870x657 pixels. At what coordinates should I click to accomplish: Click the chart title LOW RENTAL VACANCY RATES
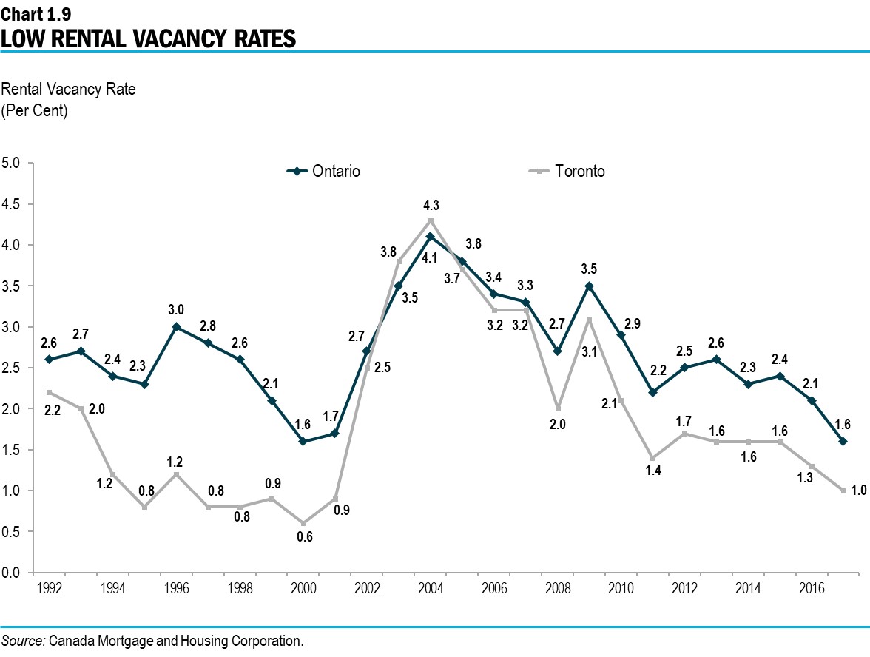click(148, 38)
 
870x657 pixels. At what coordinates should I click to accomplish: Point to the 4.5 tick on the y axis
click(13, 204)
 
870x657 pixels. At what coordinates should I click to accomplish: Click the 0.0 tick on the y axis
click(13, 573)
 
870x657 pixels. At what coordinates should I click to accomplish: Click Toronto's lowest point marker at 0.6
click(303, 523)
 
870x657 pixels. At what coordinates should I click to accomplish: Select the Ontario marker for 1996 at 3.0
click(176, 326)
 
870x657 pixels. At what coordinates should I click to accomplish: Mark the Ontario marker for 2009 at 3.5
click(589, 286)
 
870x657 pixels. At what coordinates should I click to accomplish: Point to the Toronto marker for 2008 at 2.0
click(557, 408)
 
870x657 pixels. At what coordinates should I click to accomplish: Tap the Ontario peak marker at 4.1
click(431, 237)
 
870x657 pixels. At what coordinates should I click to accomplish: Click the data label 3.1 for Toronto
click(589, 352)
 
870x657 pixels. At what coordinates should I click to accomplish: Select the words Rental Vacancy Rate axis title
click(70, 90)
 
